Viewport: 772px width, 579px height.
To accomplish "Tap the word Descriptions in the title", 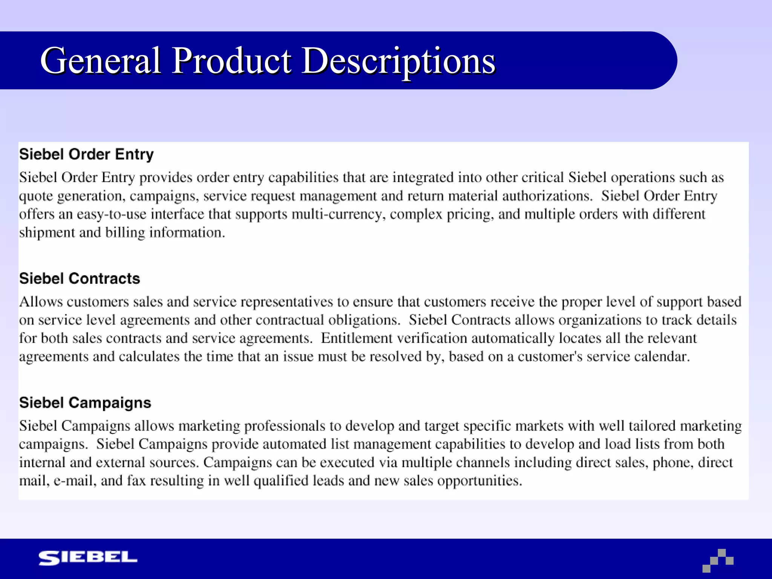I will (x=398, y=61).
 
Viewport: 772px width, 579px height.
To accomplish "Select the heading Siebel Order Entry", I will (x=86, y=155).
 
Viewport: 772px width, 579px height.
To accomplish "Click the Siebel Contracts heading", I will (x=80, y=279).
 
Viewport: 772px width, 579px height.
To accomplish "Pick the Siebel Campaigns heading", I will (x=85, y=403).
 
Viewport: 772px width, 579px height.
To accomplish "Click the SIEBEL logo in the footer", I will (x=88, y=558).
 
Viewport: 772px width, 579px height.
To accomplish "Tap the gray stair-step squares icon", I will (x=718, y=561).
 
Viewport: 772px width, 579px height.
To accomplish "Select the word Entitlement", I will (x=357, y=338).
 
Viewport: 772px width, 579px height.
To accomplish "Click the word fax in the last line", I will (x=136, y=481).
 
